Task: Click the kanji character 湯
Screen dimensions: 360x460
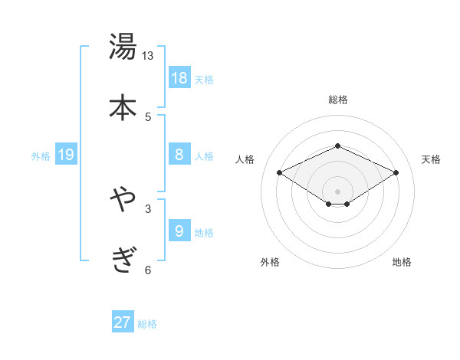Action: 123,47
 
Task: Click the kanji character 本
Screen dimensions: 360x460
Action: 123,106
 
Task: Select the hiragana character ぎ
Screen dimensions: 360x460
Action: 123,260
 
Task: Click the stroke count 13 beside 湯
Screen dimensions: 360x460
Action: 148,56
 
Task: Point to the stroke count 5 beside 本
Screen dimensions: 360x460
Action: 148,116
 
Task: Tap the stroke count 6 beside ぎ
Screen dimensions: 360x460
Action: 148,270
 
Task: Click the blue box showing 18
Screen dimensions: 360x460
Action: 179,78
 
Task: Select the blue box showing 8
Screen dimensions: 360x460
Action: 179,155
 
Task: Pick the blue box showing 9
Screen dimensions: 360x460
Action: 179,231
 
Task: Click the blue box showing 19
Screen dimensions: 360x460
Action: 66,155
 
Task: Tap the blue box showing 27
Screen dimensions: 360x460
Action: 123,322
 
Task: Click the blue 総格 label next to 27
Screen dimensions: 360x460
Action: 147,324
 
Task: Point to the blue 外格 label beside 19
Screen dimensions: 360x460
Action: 41,156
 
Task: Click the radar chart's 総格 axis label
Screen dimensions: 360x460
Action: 337,100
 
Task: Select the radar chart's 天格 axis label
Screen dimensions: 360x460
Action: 431,159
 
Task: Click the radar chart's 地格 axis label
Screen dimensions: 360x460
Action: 402,262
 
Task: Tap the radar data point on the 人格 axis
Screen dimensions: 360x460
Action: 280,172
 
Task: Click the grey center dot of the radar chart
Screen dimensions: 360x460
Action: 337,191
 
